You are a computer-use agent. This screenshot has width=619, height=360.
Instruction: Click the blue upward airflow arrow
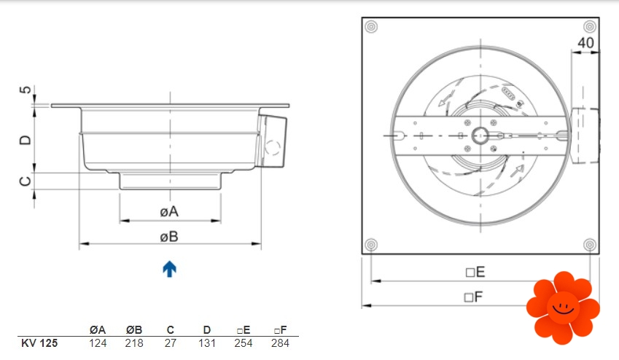click(x=169, y=269)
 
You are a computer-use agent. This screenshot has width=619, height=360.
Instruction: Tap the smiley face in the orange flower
click(x=564, y=308)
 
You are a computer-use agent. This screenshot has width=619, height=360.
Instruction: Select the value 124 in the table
click(x=98, y=343)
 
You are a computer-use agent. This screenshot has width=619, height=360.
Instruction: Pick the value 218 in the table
click(x=134, y=343)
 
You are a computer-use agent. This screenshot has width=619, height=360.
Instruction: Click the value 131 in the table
click(x=207, y=343)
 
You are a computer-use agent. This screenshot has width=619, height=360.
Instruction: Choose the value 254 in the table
click(x=244, y=343)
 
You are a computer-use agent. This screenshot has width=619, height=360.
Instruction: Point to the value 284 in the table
click(x=280, y=343)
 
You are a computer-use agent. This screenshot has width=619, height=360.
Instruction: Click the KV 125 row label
click(x=39, y=343)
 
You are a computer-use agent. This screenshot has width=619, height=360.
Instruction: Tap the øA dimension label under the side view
click(x=169, y=212)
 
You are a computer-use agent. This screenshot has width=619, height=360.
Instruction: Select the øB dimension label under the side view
click(x=169, y=237)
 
